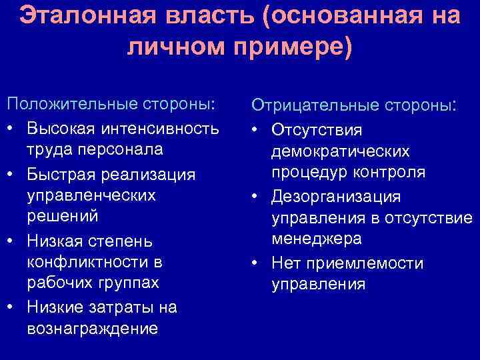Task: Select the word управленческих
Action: pyautogui.click(x=91, y=195)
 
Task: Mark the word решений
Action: pyautogui.click(x=62, y=217)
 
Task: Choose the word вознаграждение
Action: pyautogui.click(x=92, y=329)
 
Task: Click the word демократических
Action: pyautogui.click(x=341, y=151)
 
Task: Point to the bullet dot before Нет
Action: pyautogui.click(x=256, y=263)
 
